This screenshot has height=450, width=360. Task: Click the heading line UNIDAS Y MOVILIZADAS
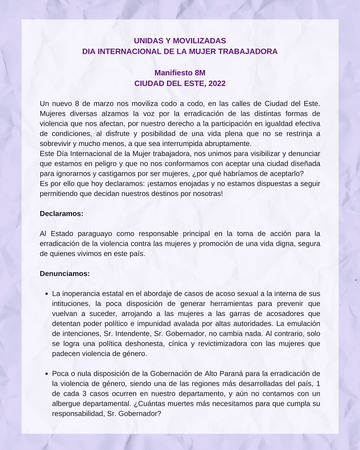(180, 41)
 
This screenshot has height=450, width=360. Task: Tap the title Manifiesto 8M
(180, 73)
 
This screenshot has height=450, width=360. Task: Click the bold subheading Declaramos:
(61, 214)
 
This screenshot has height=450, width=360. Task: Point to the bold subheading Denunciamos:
(65, 273)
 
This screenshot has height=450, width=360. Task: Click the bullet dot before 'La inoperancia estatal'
(46, 293)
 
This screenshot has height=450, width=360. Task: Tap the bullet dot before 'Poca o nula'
(46, 374)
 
